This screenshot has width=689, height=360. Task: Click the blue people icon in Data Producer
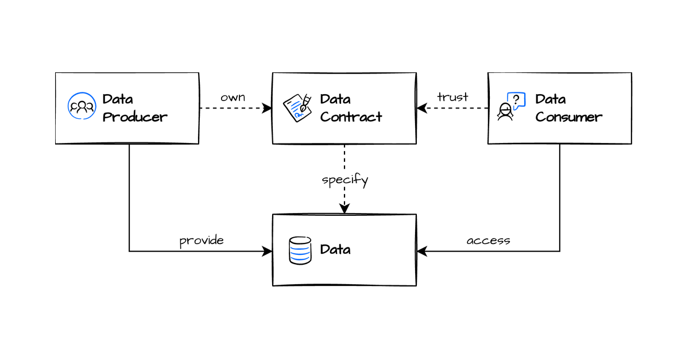(x=82, y=106)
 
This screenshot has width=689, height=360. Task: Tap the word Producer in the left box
(x=135, y=117)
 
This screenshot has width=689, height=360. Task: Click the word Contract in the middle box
(x=351, y=117)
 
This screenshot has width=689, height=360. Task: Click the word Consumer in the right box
(x=568, y=117)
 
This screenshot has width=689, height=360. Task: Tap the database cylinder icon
(x=300, y=250)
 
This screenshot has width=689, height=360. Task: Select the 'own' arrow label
(x=233, y=97)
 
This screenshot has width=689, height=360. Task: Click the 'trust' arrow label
(x=452, y=97)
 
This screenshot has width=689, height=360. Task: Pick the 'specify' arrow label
(x=344, y=180)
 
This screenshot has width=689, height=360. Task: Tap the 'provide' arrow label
(x=202, y=241)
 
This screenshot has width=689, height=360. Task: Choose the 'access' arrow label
(x=488, y=241)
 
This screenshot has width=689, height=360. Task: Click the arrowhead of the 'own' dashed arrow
(x=268, y=108)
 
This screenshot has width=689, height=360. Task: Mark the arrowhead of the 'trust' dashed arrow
(x=421, y=108)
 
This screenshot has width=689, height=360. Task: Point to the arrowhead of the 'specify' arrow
(x=344, y=210)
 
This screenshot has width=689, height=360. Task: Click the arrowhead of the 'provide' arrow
(x=268, y=251)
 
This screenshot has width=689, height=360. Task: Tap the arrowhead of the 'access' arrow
(x=421, y=251)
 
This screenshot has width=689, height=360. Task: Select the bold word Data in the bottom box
(x=335, y=250)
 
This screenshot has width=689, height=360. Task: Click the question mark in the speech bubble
(x=516, y=99)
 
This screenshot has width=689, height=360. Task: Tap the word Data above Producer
(x=118, y=99)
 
